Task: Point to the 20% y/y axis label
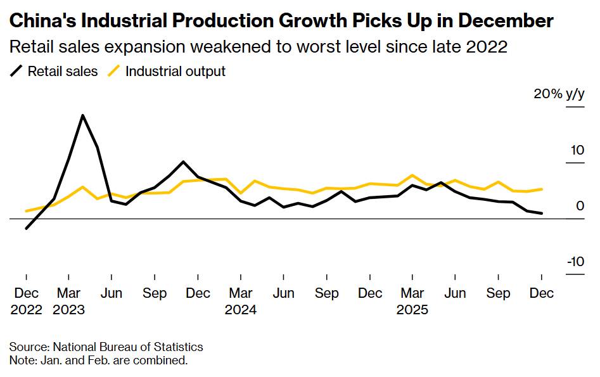tap(558, 94)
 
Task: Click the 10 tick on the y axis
tap(576, 151)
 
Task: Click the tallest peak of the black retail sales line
tap(82, 115)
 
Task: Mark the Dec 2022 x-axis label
tap(26, 302)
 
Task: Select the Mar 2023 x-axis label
tap(68, 302)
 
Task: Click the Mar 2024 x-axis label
tap(240, 302)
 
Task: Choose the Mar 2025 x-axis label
tap(412, 302)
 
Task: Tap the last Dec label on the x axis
tap(541, 294)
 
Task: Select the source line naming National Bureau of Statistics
tap(106, 347)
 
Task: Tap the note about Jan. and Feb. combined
tap(98, 361)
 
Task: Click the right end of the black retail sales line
tap(542, 214)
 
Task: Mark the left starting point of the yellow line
tap(26, 211)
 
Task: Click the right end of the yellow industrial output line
tap(542, 189)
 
